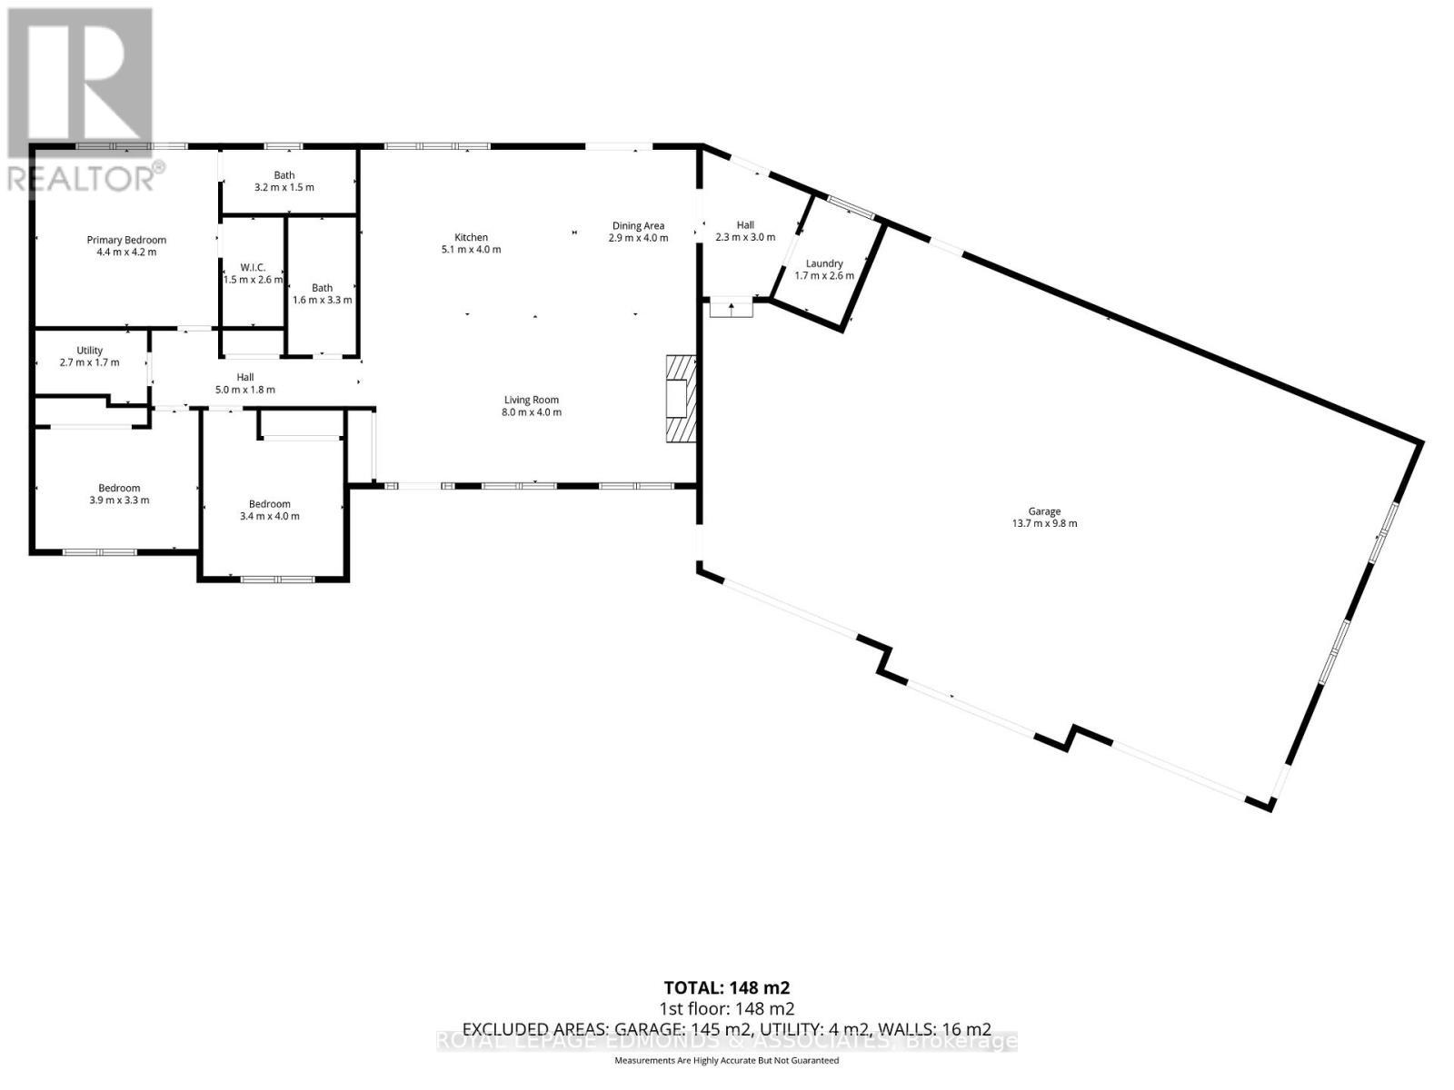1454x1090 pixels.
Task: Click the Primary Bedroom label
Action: (126, 241)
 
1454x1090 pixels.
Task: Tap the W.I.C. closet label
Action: (253, 267)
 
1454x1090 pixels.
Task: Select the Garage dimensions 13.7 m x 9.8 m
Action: (1044, 524)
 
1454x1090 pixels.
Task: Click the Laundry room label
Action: (824, 263)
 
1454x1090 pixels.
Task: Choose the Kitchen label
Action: (471, 237)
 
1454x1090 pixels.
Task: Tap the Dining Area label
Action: (638, 226)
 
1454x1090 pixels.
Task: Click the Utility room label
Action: (89, 351)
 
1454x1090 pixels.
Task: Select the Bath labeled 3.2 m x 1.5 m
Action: (284, 182)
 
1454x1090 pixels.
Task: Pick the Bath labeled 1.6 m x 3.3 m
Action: (322, 293)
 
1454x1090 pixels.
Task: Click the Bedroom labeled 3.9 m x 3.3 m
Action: (119, 494)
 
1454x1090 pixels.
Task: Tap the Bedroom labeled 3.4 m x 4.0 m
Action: (269, 510)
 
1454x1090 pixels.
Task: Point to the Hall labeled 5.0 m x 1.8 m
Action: (245, 383)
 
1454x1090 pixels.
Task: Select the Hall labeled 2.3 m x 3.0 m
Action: (745, 231)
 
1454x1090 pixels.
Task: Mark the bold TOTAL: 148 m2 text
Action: (726, 987)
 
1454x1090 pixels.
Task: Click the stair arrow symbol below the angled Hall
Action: (732, 309)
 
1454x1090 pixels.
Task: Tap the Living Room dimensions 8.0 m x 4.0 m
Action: (532, 412)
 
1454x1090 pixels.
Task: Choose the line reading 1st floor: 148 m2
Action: (726, 1008)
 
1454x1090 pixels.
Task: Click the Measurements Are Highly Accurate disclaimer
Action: (726, 1060)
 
